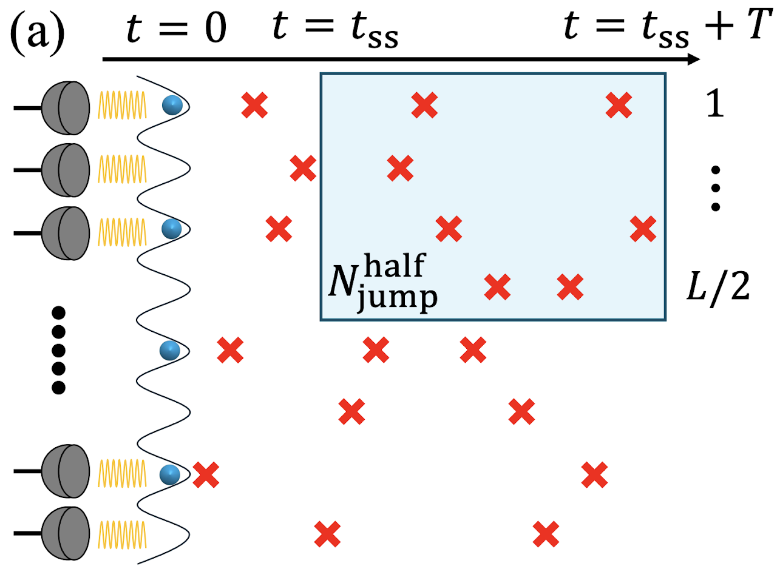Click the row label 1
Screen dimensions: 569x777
716,107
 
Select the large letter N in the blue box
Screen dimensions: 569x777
341,284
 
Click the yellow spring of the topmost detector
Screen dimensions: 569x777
122,108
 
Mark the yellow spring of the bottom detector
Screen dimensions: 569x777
122,533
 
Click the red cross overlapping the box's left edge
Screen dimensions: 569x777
302,168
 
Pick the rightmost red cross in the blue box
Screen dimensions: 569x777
643,229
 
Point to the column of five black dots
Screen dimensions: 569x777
59,350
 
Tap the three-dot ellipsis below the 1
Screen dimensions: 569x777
716,189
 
